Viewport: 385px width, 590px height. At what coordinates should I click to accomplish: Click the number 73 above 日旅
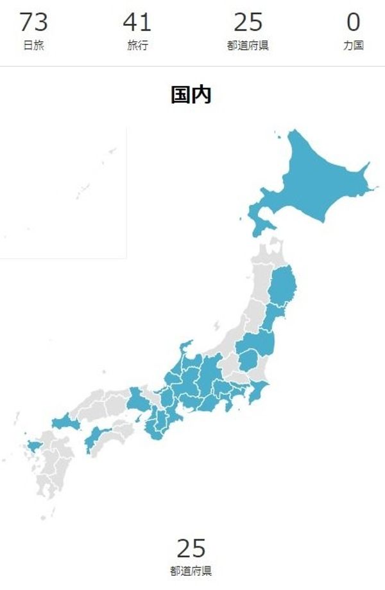click(x=33, y=22)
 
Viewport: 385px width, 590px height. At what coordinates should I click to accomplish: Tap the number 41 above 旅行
click(x=137, y=22)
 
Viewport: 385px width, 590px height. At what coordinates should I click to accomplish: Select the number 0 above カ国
click(x=353, y=22)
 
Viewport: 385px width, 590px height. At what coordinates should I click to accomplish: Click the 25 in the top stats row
click(x=248, y=22)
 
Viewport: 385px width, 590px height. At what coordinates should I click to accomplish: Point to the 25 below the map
click(x=191, y=549)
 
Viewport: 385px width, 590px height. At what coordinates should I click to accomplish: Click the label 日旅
click(x=33, y=46)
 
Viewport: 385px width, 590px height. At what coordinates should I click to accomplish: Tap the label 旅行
click(x=137, y=46)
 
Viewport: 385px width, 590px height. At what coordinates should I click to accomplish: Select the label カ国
click(x=353, y=46)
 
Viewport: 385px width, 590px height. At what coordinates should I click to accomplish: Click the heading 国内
click(x=191, y=95)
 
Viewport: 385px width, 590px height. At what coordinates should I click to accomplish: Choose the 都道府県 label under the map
click(x=191, y=570)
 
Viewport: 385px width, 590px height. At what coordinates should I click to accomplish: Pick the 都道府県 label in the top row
click(x=248, y=46)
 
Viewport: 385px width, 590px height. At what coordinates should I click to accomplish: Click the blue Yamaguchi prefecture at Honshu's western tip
click(x=64, y=423)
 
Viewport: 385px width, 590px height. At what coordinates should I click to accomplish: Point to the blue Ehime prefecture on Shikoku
click(x=96, y=440)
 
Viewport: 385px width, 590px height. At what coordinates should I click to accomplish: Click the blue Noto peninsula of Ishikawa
click(x=184, y=350)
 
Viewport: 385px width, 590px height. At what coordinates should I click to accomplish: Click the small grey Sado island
click(x=217, y=325)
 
